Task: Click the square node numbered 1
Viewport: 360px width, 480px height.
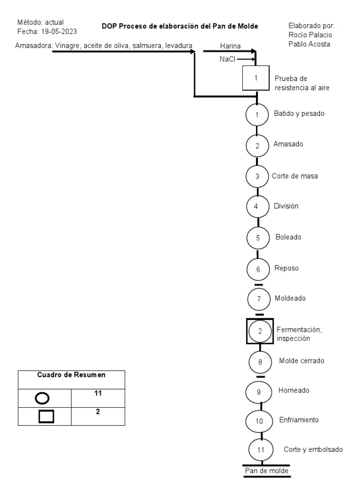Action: point(256,78)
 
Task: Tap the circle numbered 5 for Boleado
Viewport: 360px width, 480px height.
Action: point(258,238)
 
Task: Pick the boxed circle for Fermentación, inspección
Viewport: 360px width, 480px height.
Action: point(260,330)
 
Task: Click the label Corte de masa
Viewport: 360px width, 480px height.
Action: point(295,176)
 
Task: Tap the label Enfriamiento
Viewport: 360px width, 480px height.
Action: point(299,420)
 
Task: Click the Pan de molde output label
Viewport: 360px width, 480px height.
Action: point(266,470)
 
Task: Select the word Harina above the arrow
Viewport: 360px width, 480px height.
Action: point(230,46)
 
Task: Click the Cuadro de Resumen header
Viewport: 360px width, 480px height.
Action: point(71,375)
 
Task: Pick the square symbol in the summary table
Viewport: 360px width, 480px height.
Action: point(45,416)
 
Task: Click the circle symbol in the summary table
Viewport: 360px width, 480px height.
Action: point(42,398)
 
